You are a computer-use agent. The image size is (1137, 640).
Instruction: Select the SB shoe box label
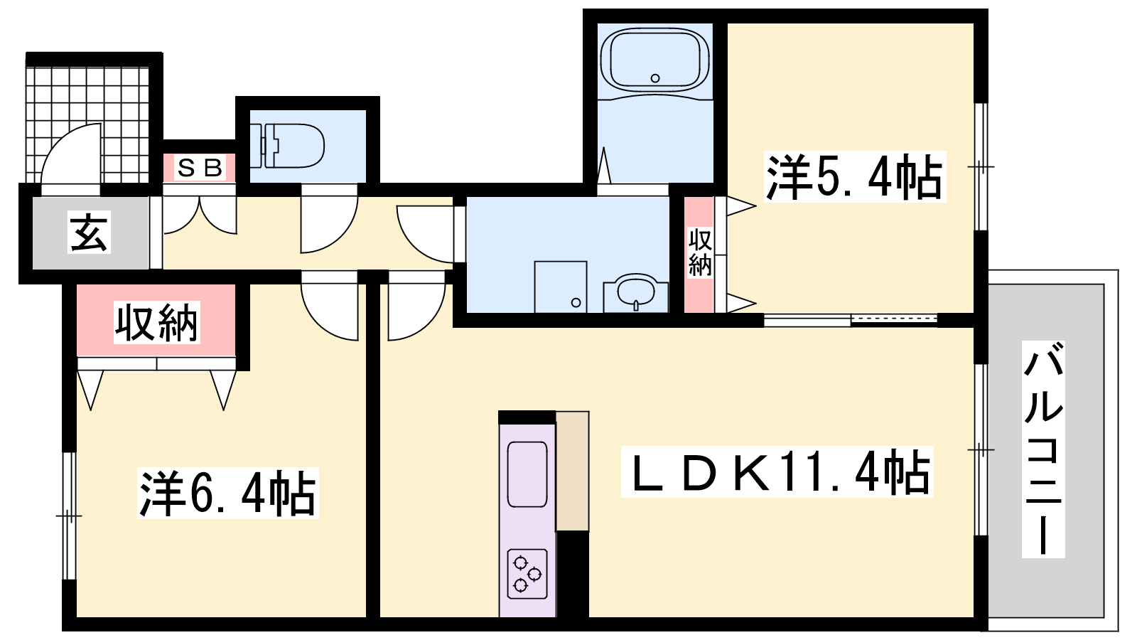(200, 168)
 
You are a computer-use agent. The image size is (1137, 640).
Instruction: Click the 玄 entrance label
(89, 233)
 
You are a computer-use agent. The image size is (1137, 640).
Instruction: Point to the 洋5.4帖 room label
(854, 177)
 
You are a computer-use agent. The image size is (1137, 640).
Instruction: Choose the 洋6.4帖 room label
(228, 494)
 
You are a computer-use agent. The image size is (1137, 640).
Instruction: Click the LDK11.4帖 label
(777, 472)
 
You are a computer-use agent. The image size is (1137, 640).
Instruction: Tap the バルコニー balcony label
(1043, 449)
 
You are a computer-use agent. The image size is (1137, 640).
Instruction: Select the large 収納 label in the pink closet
(156, 323)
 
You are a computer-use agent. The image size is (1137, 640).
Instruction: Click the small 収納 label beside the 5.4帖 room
(699, 252)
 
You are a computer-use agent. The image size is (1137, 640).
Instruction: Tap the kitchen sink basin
(527, 474)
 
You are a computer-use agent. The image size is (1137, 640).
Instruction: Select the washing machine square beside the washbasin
(561, 287)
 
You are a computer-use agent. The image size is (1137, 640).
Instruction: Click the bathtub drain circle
(655, 78)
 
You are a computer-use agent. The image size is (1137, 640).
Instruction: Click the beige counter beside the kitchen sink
(573, 471)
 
